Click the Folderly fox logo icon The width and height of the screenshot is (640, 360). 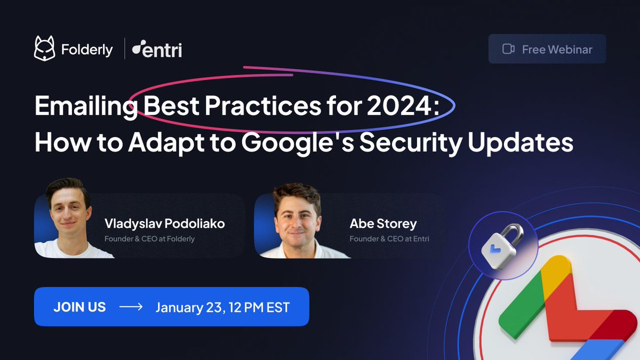(45, 49)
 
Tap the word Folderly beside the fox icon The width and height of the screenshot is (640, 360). (86, 50)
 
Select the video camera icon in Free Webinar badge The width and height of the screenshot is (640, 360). (508, 49)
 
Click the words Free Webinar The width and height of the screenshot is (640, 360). (557, 49)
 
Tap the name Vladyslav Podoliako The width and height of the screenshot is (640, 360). (164, 224)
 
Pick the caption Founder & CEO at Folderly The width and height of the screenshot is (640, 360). (149, 238)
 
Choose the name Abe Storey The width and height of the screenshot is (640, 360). (383, 224)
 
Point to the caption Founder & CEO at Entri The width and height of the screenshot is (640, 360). (389, 238)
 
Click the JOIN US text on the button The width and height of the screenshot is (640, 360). (79, 307)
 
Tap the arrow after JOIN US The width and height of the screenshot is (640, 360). (131, 307)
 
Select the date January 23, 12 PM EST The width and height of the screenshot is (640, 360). (222, 307)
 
